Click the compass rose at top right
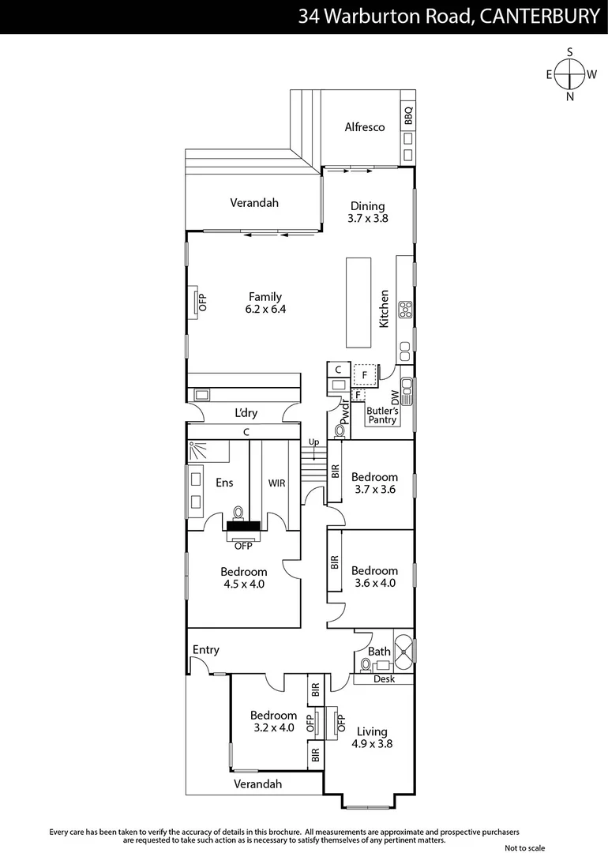569,74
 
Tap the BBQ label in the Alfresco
408,116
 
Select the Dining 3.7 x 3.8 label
368,212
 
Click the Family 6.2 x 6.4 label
265,303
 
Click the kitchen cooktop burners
406,310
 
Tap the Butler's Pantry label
383,415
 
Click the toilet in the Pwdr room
340,430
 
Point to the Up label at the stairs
313,442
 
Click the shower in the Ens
199,451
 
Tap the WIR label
276,483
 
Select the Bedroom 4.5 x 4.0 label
243,578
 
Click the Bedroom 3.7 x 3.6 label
374,483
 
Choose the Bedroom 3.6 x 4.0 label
374,577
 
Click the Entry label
206,649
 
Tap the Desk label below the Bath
384,679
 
